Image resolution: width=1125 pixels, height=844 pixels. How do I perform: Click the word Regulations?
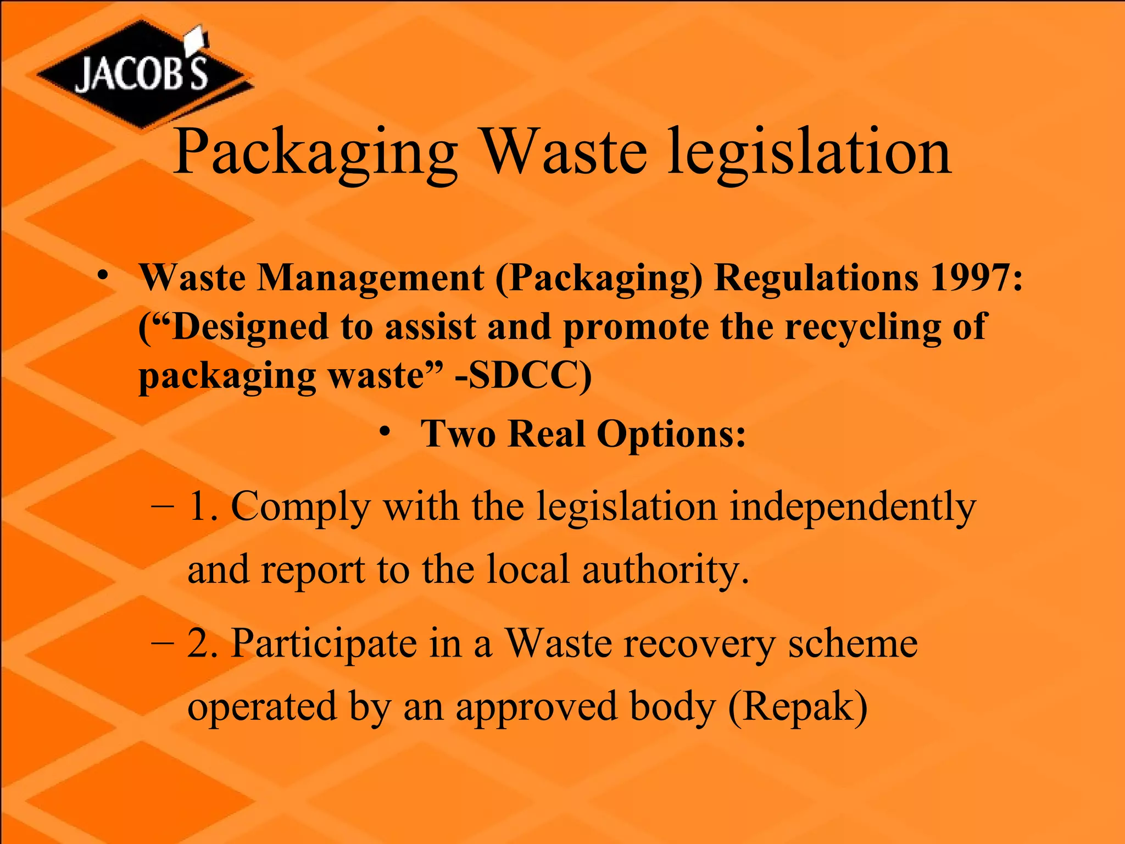[x=816, y=277]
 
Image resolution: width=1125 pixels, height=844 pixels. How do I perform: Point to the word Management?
[x=371, y=277]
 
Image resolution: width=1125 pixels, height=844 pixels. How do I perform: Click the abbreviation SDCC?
[x=523, y=376]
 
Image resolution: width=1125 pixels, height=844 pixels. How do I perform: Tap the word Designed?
[x=250, y=327]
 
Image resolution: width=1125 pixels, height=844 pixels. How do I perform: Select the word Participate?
[x=324, y=643]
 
